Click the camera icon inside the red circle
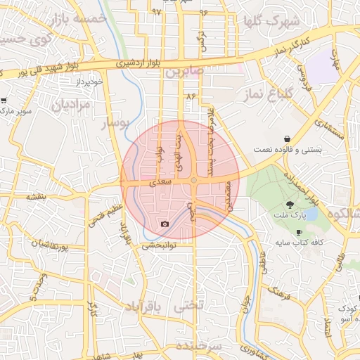(165, 224)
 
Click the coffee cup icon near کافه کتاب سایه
(299, 232)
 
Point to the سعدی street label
(162, 182)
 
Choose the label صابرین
(205, 72)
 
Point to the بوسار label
(115, 124)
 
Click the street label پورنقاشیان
(59, 247)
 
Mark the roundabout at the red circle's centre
(193, 181)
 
